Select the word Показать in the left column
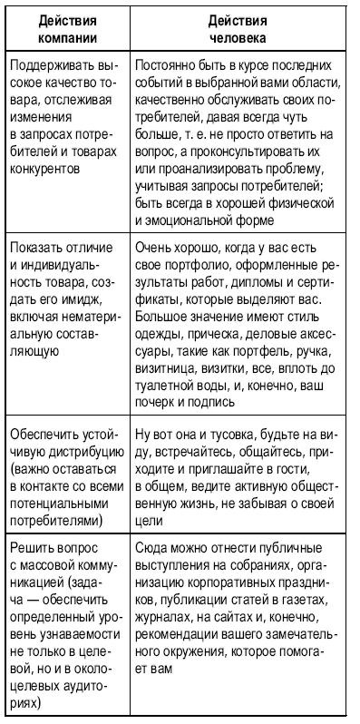tap(35, 249)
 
